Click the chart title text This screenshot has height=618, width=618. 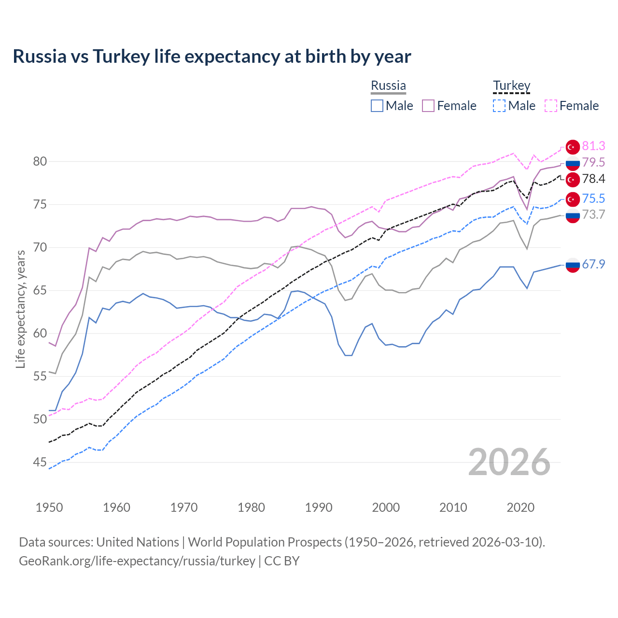tap(212, 56)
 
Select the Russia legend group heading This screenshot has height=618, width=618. tap(388, 85)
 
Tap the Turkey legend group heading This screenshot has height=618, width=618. tap(511, 85)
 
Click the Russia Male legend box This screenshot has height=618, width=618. tap(377, 106)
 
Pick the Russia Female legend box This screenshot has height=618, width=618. tap(428, 106)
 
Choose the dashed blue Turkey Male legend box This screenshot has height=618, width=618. tap(499, 106)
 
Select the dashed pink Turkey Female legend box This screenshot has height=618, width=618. tap(551, 106)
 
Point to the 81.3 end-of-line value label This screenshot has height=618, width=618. tap(593, 146)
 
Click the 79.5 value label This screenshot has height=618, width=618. tap(593, 162)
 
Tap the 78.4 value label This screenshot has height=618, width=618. tap(593, 179)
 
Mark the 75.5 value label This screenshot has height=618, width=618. tap(593, 198)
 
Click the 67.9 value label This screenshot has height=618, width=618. tap(593, 264)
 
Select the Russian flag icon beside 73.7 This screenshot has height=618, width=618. tap(573, 216)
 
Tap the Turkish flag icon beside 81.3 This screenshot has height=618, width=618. tap(573, 147)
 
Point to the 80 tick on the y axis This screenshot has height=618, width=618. tap(40, 161)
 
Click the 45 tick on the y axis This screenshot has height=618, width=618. tap(40, 462)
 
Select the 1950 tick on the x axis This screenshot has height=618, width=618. tap(49, 507)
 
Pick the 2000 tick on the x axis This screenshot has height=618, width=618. tap(386, 507)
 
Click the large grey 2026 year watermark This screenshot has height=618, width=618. tap(509, 462)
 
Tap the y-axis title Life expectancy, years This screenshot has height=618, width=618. tap(20, 309)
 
